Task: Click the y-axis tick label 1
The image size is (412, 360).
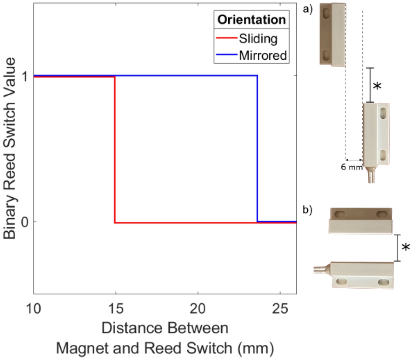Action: click(25, 76)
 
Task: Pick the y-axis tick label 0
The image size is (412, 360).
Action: click(25, 222)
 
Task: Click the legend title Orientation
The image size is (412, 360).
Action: click(252, 20)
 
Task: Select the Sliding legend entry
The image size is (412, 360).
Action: click(258, 39)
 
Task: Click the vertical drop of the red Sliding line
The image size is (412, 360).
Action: click(115, 148)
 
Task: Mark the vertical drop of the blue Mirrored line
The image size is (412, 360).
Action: click(257, 148)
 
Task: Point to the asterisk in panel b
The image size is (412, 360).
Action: click(406, 247)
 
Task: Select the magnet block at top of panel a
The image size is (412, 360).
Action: click(333, 34)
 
